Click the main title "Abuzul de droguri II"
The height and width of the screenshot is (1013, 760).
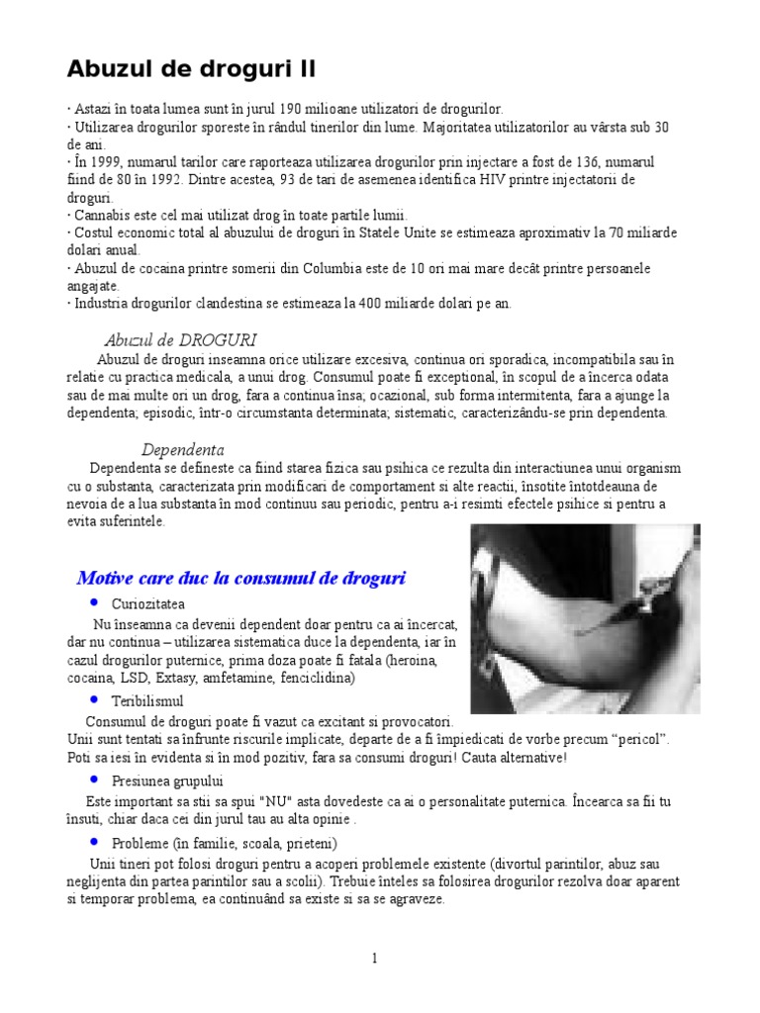pyautogui.click(x=191, y=69)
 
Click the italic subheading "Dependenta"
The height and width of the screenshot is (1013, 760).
pyautogui.click(x=182, y=448)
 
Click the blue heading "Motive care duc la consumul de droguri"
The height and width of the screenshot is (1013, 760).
pyautogui.click(x=241, y=578)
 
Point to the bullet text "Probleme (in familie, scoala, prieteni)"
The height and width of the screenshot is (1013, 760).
pyautogui.click(x=225, y=843)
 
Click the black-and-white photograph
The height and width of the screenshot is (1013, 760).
pyautogui.click(x=585, y=619)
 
